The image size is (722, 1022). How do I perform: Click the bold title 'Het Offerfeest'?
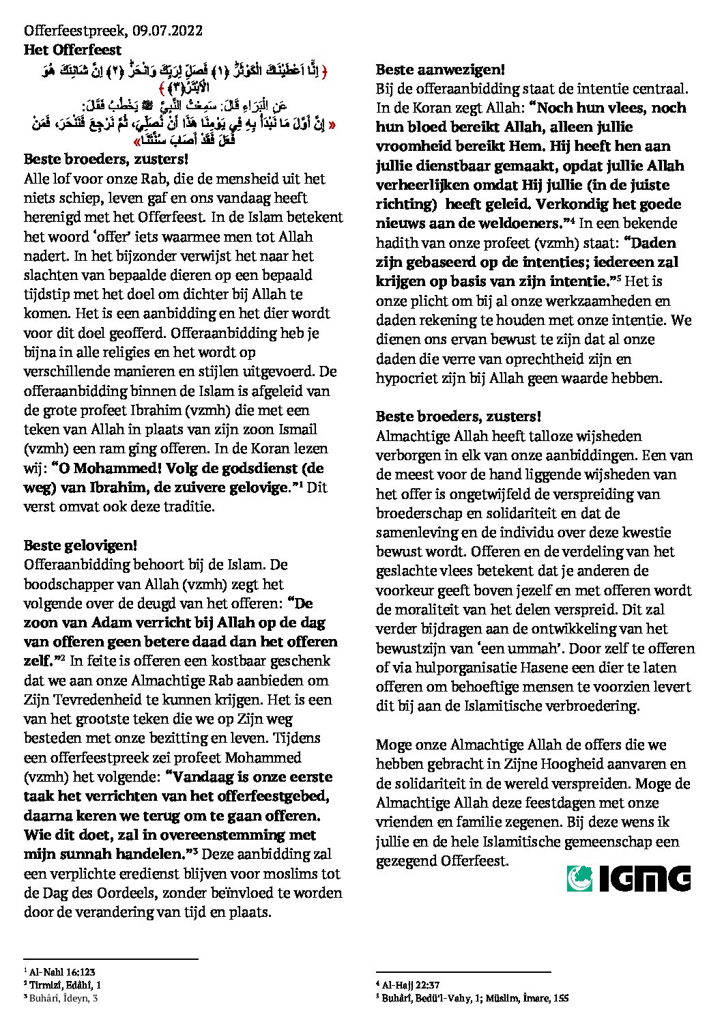pyautogui.click(x=73, y=50)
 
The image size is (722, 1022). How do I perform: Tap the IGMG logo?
pyautogui.click(x=629, y=878)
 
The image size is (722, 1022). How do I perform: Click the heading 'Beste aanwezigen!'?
pyautogui.click(x=440, y=69)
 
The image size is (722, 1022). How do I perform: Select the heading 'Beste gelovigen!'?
pyautogui.click(x=81, y=545)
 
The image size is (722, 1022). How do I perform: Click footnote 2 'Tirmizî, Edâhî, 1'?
pyautogui.click(x=65, y=984)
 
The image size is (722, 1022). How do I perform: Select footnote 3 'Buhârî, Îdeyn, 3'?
pyautogui.click(x=63, y=998)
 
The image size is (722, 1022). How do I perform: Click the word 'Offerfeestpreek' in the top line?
pyautogui.click(x=74, y=31)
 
